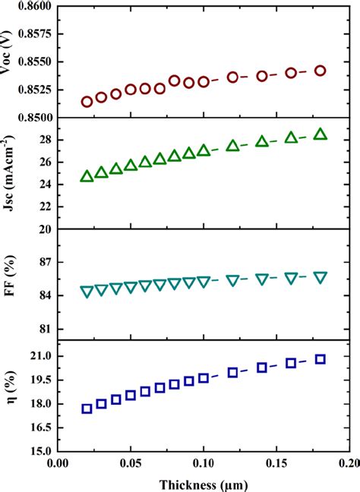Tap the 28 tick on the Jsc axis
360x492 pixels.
[43, 140]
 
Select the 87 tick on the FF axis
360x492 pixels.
[43, 262]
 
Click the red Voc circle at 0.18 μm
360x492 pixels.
[320, 71]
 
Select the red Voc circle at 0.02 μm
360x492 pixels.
[87, 102]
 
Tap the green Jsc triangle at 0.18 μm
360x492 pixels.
[320, 134]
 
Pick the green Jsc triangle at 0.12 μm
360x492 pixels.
[232, 146]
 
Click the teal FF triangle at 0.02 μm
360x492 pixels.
[87, 292]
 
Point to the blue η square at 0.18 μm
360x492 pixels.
[320, 359]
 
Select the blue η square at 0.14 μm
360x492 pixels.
[262, 367]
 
